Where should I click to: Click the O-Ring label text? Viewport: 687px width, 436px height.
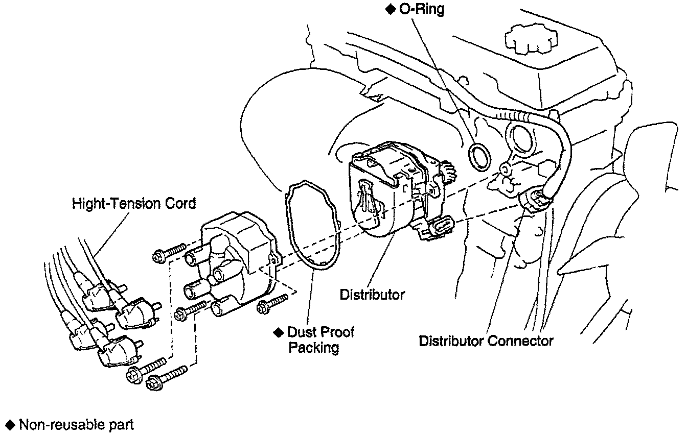coord(422,10)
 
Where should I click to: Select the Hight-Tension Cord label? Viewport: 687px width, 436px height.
coord(134,204)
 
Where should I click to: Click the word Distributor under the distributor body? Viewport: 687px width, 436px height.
coord(372,295)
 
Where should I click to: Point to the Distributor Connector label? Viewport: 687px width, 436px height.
coord(486,341)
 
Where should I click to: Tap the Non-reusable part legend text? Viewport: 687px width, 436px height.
coord(76,425)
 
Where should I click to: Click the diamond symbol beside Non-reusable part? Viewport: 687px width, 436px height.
coord(9,425)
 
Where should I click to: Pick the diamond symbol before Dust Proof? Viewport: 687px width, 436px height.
coord(278,332)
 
